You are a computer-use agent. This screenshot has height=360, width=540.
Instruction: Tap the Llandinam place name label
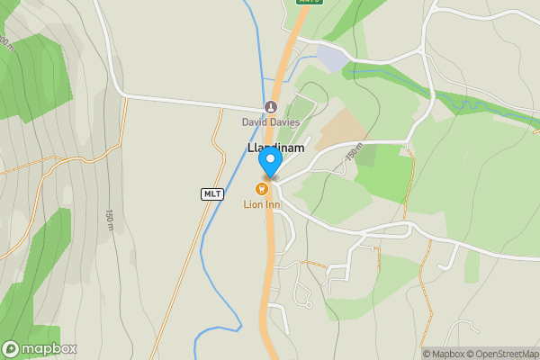275,148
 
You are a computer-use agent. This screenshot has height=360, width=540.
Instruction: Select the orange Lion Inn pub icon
262,188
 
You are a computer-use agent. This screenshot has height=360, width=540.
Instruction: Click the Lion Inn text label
262,205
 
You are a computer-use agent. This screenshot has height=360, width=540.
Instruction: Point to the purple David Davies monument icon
270,107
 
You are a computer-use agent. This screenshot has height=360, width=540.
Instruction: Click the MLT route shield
212,193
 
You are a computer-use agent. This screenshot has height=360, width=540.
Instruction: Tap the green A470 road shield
308,3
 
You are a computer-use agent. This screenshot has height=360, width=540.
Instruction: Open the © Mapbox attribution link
446,354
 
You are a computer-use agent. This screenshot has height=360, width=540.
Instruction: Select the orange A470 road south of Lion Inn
268,270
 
